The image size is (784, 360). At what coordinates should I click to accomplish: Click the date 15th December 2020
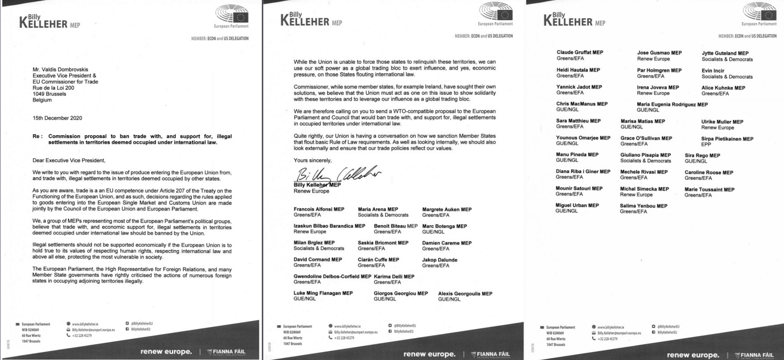click(x=57, y=118)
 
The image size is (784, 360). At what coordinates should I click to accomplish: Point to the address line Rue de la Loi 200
click(x=53, y=88)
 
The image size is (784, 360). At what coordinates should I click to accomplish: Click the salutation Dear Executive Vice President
click(x=69, y=161)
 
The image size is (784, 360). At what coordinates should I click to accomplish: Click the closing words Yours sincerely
click(x=312, y=161)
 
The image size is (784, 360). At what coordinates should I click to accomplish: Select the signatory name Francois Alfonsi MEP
click(x=319, y=209)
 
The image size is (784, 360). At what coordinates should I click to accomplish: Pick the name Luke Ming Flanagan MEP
click(x=323, y=293)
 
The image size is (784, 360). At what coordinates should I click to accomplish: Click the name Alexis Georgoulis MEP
click(x=465, y=294)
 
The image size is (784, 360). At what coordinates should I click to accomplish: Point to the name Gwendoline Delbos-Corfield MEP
click(x=332, y=277)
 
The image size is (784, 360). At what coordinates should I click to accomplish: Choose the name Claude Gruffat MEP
click(x=579, y=53)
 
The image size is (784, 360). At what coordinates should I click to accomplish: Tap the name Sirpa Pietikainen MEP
click(x=727, y=139)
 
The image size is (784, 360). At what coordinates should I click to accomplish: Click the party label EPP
click(x=706, y=144)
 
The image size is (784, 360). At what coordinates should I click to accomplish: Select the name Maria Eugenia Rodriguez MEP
click(x=672, y=104)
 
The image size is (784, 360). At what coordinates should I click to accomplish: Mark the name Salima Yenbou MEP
click(x=643, y=206)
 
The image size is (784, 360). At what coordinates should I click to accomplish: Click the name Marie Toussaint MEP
click(x=709, y=189)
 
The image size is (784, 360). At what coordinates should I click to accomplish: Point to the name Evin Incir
click(x=713, y=71)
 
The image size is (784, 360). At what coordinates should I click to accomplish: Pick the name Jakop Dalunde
click(x=439, y=260)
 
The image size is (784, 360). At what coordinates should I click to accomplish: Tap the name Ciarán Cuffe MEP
click(x=378, y=260)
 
